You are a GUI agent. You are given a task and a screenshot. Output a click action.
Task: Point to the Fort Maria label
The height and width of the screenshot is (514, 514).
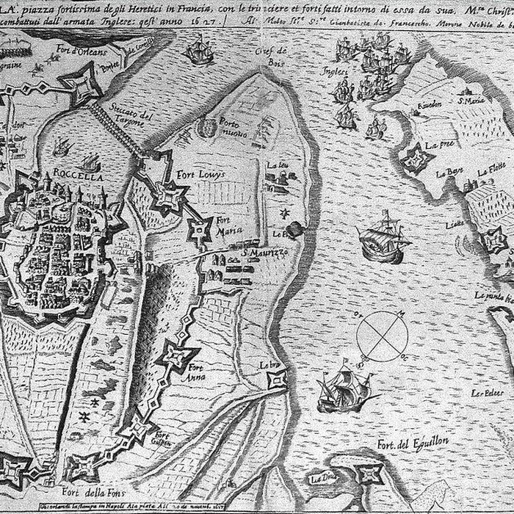tap(225, 224)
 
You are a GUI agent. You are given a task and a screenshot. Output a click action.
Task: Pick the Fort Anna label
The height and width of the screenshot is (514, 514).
tap(195, 372)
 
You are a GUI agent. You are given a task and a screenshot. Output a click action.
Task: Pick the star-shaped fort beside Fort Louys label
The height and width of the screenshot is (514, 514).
tap(169, 195)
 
